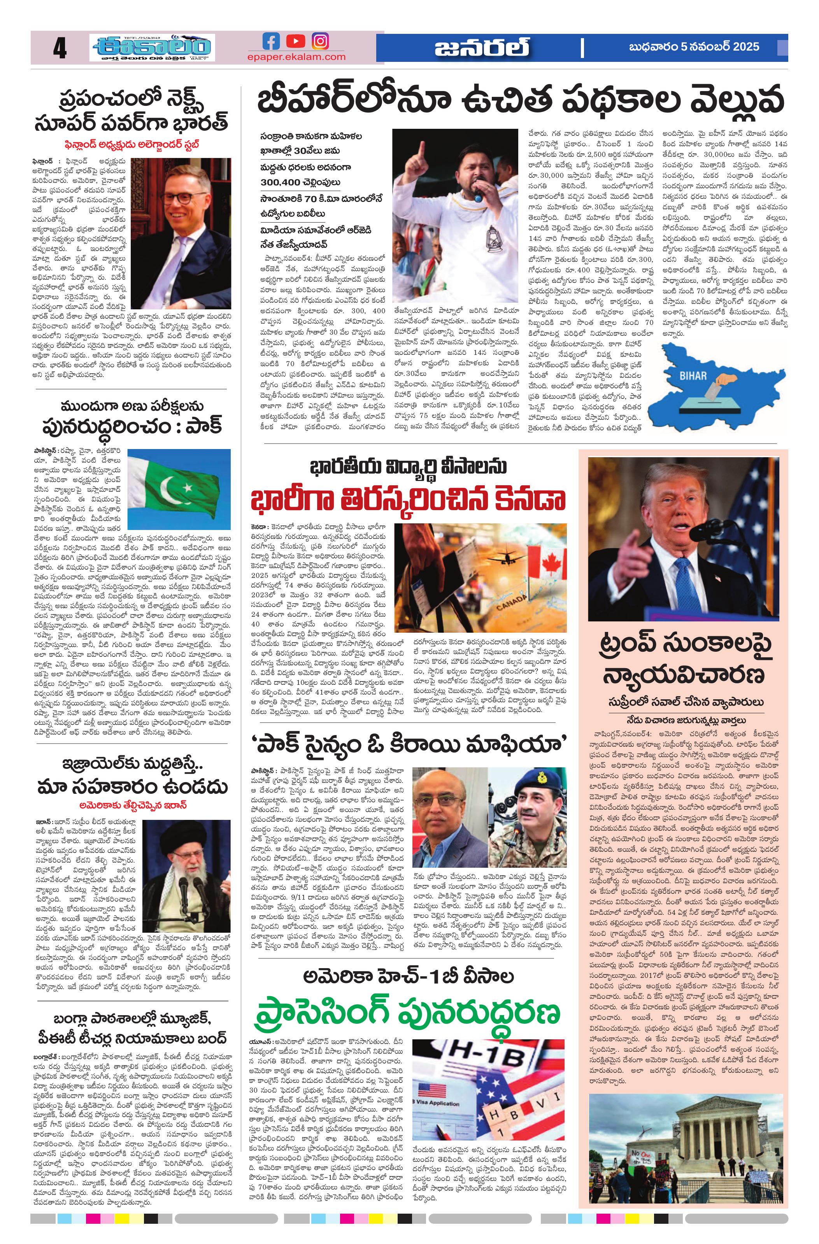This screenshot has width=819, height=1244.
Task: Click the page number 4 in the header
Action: pyautogui.click(x=60, y=49)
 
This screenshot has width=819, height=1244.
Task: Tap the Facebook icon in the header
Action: pyautogui.click(x=271, y=41)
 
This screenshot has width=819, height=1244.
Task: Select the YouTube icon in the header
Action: pyautogui.click(x=296, y=41)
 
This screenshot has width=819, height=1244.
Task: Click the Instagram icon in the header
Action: pyautogui.click(x=320, y=41)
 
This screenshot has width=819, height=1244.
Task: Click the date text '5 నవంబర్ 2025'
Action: pyautogui.click(x=720, y=47)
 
